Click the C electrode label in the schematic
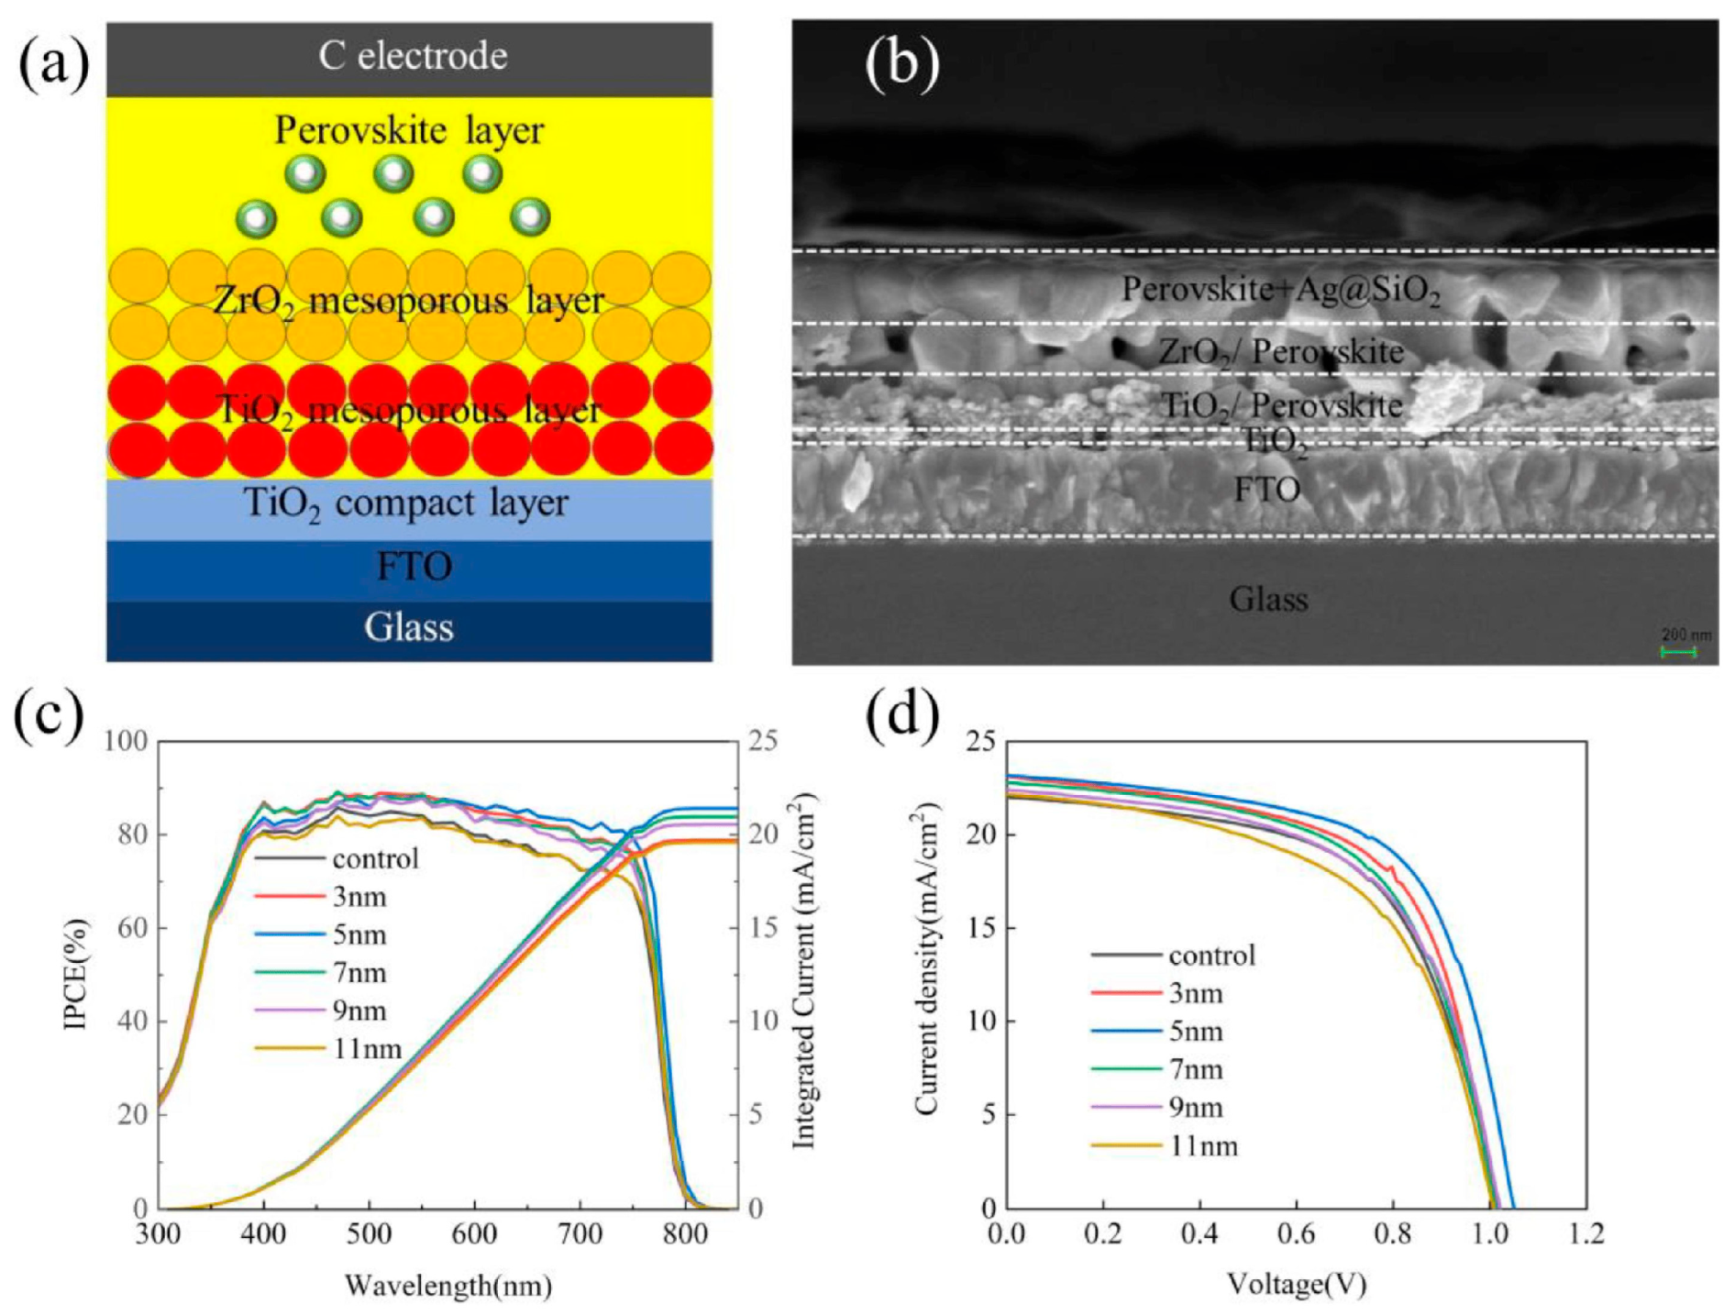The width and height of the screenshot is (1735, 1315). click(x=413, y=57)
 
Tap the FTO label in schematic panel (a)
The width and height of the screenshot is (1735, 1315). click(x=414, y=567)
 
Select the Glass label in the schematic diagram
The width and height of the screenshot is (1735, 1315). click(x=409, y=628)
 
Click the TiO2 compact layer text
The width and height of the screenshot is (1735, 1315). click(x=405, y=503)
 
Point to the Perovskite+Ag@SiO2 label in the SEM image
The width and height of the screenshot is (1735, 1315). click(x=1281, y=290)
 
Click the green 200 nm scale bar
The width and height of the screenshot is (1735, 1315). click(x=1677, y=652)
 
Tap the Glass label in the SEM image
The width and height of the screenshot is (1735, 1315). click(x=1267, y=600)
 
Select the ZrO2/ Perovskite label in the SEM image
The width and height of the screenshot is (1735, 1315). click(x=1281, y=351)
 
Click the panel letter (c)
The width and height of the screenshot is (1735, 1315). click(x=49, y=715)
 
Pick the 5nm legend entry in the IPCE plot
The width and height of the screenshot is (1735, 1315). click(x=359, y=935)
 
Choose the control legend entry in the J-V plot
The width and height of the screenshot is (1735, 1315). click(x=1211, y=956)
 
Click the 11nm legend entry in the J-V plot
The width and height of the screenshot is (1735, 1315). click(x=1203, y=1146)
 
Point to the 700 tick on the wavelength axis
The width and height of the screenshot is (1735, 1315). click(x=580, y=1234)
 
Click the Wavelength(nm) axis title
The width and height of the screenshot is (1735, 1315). click(x=448, y=1286)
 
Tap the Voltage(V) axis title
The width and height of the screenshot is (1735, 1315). click(x=1297, y=1284)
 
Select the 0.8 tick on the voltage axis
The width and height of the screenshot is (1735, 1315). click(x=1393, y=1234)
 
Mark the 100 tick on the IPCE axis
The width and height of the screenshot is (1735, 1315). click(x=127, y=741)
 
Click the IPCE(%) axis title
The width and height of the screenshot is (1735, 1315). click(x=76, y=974)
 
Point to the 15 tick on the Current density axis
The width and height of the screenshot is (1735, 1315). click(x=981, y=928)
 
